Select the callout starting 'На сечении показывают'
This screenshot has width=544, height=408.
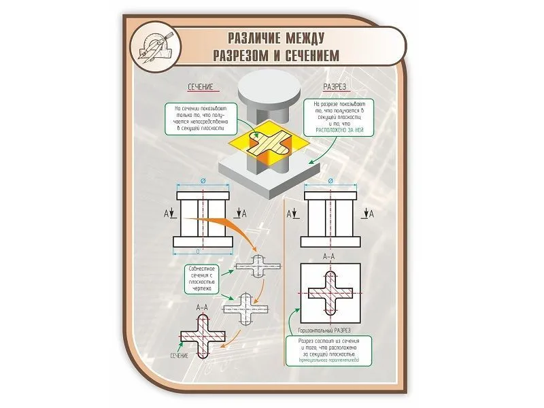[x=202, y=118]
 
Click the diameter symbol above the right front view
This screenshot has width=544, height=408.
[x=330, y=182]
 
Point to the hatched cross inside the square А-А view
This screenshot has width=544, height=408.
[x=330, y=294]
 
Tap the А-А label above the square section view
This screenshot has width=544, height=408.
[x=329, y=256]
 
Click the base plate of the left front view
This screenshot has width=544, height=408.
[x=204, y=241]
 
